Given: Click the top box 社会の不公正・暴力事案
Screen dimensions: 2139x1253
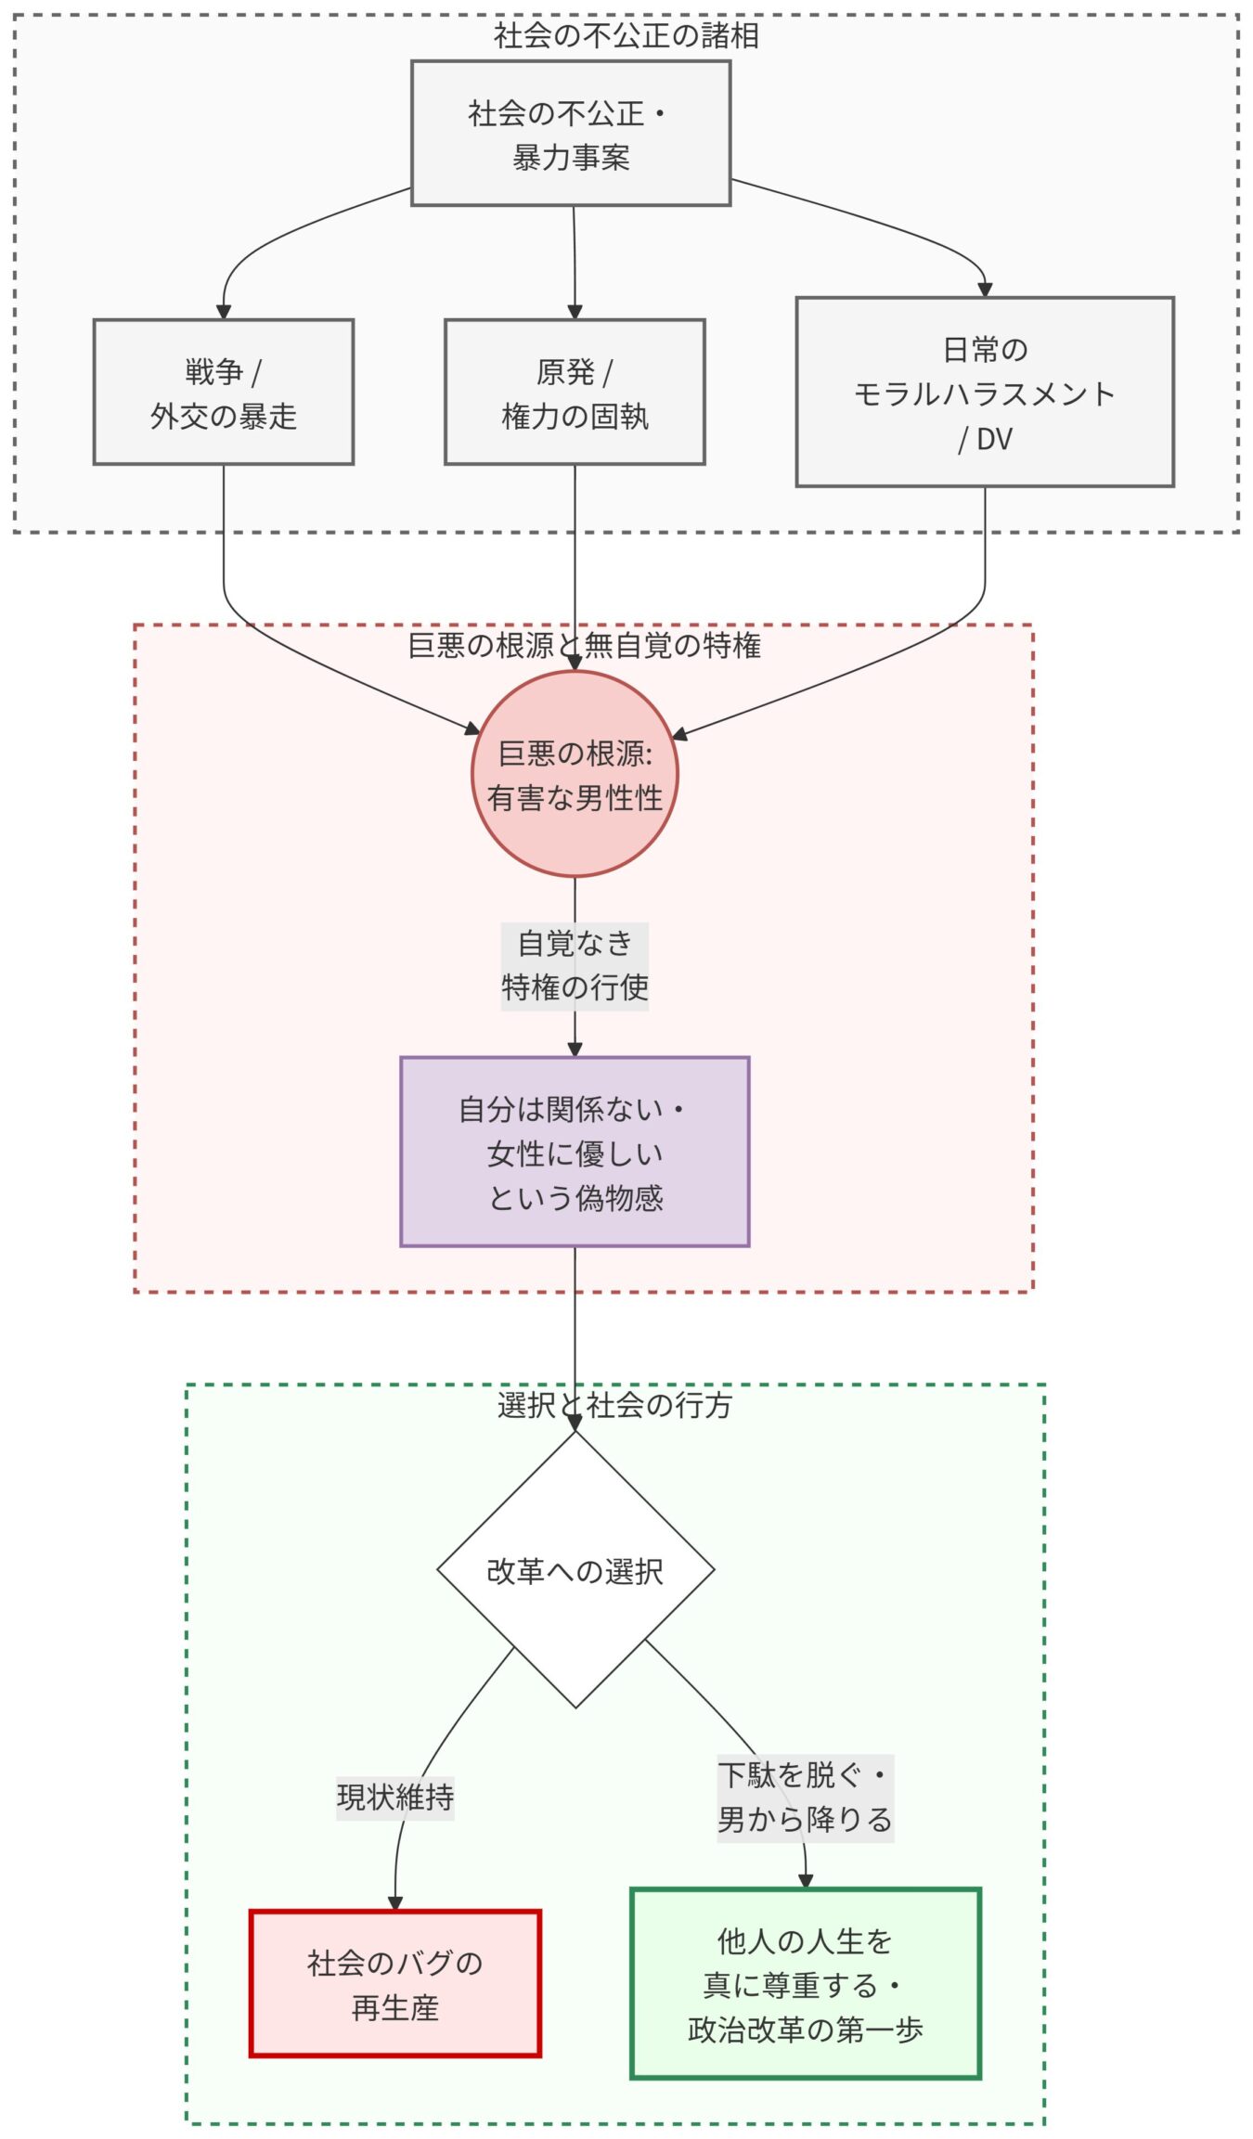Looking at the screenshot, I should pos(570,134).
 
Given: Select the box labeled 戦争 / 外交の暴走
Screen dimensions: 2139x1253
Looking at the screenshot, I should pos(223,392).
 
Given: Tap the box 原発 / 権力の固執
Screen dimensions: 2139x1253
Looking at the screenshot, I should pos(574,392).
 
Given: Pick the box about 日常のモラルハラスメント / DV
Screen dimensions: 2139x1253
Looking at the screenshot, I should pos(984,392).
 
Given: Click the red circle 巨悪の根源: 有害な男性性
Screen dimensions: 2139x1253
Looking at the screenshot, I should pos(574,774).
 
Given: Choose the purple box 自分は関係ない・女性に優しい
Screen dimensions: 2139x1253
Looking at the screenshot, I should pos(574,1152).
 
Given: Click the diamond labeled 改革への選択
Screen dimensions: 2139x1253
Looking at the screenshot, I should pos(574,1571).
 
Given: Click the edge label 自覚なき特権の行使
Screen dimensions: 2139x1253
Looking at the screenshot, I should pos(574,965).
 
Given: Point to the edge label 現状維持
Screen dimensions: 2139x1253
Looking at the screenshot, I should pos(394,1798).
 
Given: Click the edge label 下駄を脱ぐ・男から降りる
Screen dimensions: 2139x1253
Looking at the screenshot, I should pos(805,1798).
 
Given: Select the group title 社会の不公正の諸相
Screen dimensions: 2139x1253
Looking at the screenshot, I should pos(626,36).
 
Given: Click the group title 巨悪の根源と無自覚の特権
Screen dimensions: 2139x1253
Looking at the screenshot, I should pos(584,645).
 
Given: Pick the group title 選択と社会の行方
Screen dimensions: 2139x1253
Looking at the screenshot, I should pos(614,1405).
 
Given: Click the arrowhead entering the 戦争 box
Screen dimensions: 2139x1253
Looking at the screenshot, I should pos(223,313).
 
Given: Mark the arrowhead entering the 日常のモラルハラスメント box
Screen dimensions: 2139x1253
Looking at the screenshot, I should pos(985,290).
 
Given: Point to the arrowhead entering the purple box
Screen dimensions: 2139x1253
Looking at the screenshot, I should pos(574,1050).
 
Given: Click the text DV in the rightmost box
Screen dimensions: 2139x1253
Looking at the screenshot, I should pos(994,439).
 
